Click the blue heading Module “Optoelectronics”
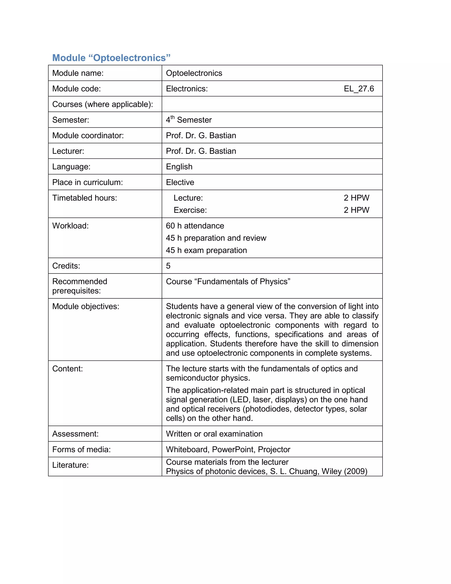click(x=111, y=58)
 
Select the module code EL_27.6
click(x=359, y=89)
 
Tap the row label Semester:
click(x=70, y=120)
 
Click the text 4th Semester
click(x=189, y=119)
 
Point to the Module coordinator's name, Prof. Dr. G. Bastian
click(x=201, y=135)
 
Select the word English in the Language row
click(x=179, y=167)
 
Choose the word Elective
click(x=180, y=182)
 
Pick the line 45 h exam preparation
click(x=206, y=250)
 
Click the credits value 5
click(x=168, y=266)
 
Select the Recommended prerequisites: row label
click(x=80, y=286)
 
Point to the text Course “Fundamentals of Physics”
click(x=228, y=282)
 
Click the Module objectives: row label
click(x=85, y=307)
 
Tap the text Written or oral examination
click(x=214, y=434)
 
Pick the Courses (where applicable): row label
click(x=103, y=104)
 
